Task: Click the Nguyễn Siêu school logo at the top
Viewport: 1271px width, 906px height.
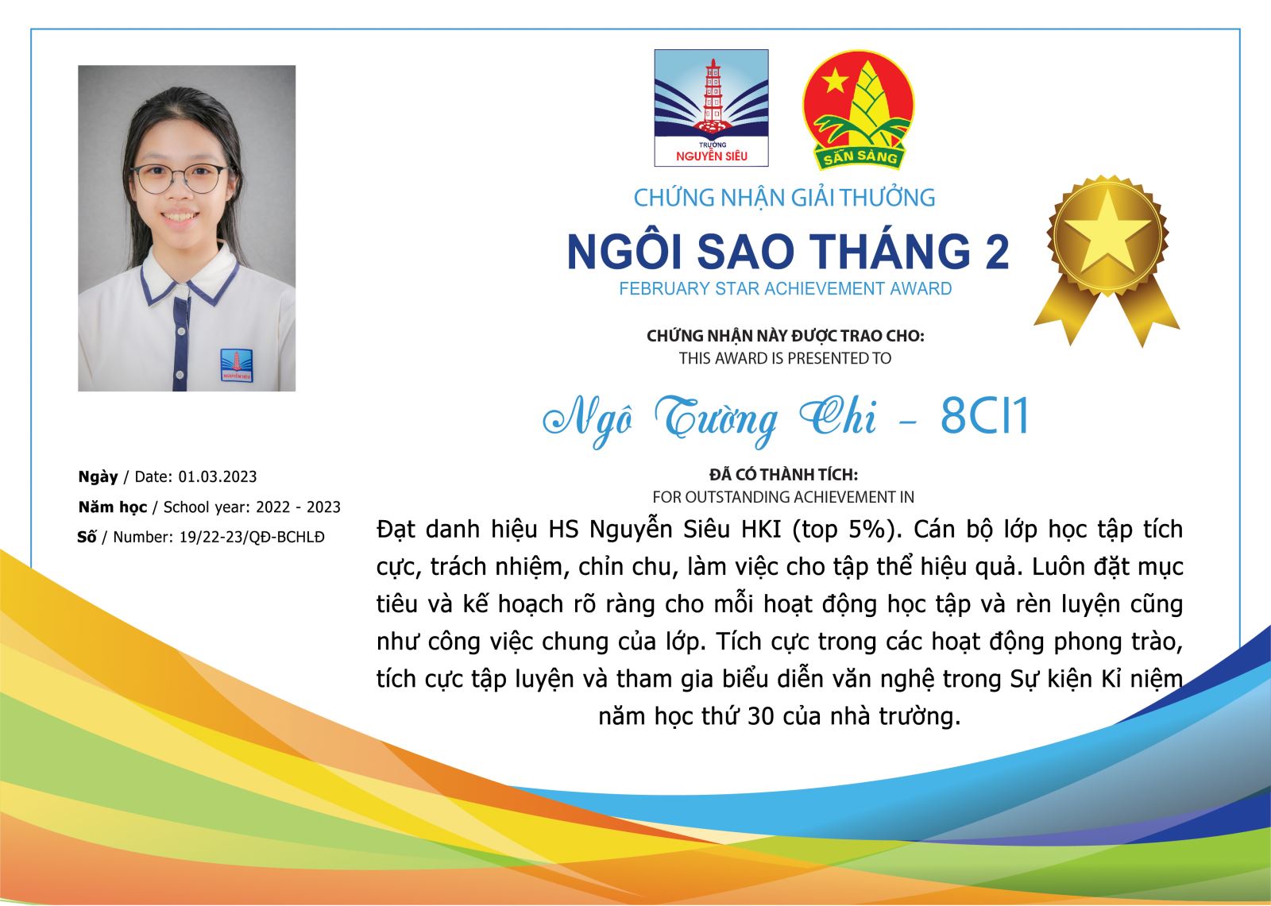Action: coord(711,108)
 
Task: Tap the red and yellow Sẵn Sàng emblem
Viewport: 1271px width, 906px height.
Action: coord(858,110)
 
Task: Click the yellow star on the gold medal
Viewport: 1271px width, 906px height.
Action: coord(1107,233)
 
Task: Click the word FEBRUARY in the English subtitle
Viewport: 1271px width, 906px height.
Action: coord(664,289)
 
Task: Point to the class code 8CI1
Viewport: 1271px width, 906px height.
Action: coord(984,416)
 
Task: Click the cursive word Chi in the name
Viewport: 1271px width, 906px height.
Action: coord(837,417)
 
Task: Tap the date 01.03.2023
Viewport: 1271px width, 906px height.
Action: coord(218,476)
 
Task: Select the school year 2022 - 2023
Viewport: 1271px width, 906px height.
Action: coord(298,507)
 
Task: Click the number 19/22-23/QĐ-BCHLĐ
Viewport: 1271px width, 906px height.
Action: coord(252,538)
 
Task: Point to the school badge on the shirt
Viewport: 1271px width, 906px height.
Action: coord(236,365)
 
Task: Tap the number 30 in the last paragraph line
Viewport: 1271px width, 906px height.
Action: coord(761,716)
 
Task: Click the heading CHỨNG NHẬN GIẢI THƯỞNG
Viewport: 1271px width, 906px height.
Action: coord(784,198)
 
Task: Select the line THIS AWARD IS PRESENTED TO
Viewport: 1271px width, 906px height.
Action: coord(785,359)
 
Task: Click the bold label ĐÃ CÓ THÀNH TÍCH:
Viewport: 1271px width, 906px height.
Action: coord(783,474)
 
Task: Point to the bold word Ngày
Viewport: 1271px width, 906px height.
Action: coord(98,477)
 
